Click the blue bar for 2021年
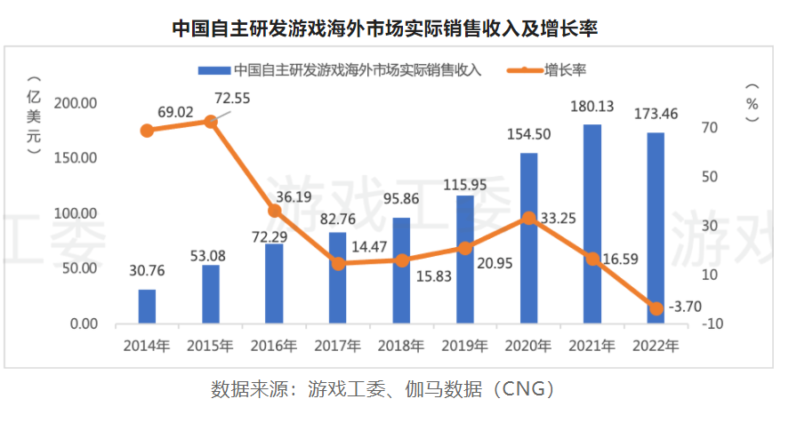click(592, 224)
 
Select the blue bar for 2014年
click(147, 307)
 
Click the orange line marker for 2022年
click(656, 308)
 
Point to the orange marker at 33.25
click(529, 218)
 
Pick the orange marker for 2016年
click(274, 211)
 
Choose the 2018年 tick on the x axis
click(401, 346)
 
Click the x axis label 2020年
click(528, 346)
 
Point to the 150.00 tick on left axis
click(76, 158)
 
